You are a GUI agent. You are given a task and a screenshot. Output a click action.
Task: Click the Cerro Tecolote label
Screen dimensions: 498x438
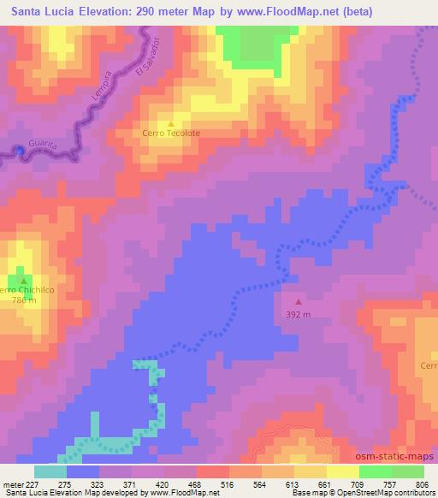(x=171, y=133)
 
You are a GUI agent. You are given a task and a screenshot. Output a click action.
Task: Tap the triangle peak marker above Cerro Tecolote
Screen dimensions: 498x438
(x=171, y=122)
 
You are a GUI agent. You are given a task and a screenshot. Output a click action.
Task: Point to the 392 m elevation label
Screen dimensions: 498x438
(x=299, y=313)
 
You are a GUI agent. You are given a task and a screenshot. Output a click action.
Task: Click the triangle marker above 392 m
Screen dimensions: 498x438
(x=299, y=301)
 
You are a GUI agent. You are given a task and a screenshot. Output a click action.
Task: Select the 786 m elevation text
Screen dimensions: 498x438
(x=23, y=300)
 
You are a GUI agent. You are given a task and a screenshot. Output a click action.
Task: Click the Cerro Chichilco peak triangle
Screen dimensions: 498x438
(x=23, y=280)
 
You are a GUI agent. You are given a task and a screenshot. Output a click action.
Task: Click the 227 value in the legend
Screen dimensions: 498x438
(x=33, y=483)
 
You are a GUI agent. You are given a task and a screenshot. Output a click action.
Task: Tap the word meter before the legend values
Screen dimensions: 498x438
(x=13, y=483)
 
